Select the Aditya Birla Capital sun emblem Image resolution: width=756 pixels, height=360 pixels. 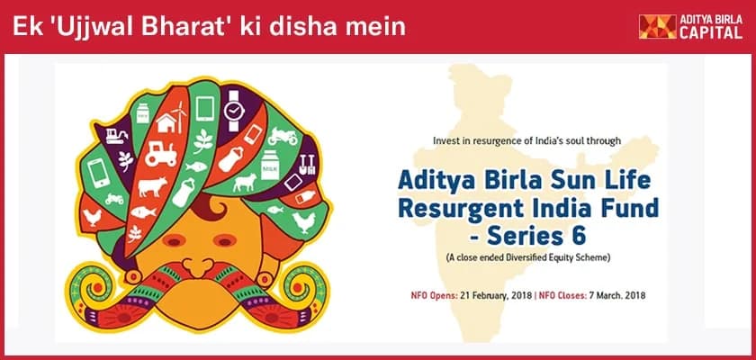coord(657,26)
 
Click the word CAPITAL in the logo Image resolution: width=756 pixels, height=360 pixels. coord(711,32)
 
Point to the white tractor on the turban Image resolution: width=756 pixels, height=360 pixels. coord(161,154)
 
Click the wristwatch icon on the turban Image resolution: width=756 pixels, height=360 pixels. coord(234,111)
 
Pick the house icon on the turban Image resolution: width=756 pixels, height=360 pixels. coord(166,123)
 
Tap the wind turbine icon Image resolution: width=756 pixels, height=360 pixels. coord(179,116)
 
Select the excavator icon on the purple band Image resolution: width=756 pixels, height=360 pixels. coord(117,136)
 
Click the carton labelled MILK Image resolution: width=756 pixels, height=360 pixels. coord(270,166)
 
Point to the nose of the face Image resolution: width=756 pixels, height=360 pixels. coord(198,265)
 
